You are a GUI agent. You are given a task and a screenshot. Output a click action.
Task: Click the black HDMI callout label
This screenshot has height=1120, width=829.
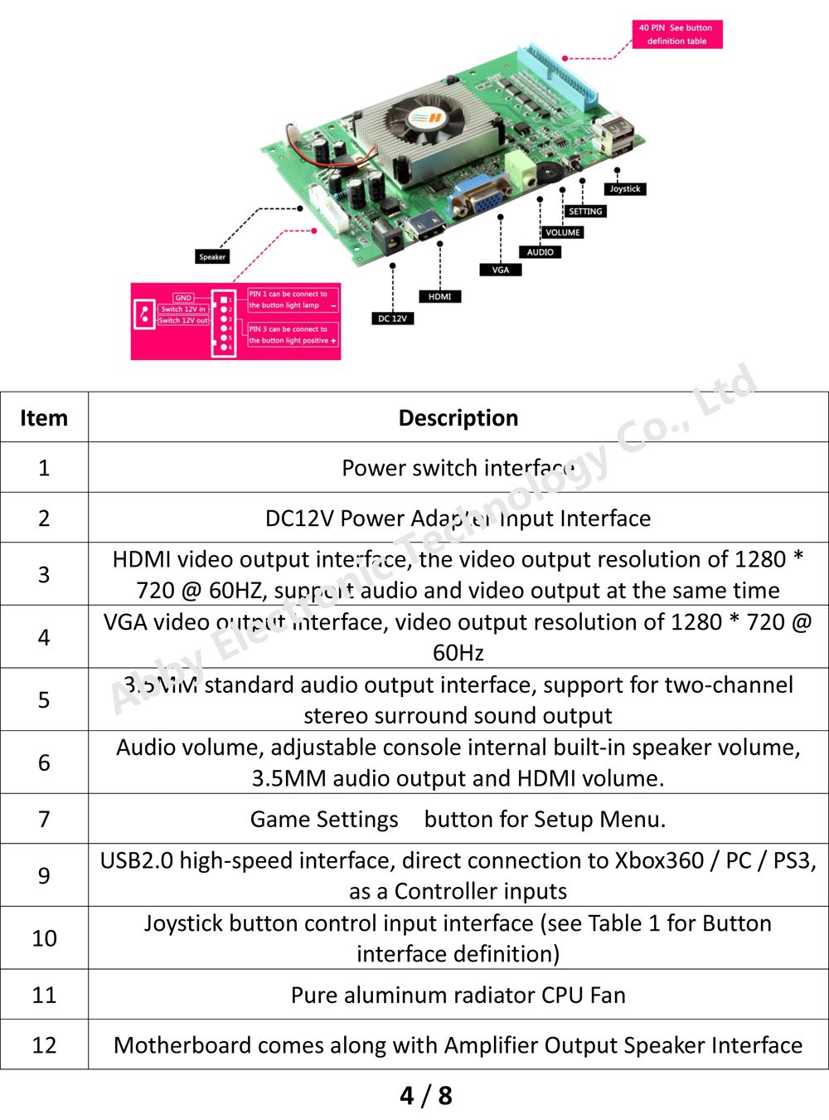coord(440,296)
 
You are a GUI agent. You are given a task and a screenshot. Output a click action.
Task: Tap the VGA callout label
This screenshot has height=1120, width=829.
coord(501,270)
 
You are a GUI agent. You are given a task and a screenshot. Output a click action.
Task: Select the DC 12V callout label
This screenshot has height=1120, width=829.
coord(392,319)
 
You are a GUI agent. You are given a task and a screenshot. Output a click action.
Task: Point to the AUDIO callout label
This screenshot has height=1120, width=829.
coord(540,252)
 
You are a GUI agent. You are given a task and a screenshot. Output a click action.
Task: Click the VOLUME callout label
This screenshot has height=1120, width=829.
coord(563,232)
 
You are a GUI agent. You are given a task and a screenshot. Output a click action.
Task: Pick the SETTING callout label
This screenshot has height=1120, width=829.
coord(585,212)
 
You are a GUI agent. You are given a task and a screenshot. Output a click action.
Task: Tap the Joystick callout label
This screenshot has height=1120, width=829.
coord(625,189)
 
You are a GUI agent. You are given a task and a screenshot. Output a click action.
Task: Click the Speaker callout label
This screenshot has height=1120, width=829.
coord(212,257)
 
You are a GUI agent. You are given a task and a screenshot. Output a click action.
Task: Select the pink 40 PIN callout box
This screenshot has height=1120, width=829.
coord(676,34)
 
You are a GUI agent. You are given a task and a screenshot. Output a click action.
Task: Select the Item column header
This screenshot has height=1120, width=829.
coord(44,418)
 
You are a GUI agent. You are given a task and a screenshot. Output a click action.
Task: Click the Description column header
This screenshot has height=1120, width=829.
coord(458,418)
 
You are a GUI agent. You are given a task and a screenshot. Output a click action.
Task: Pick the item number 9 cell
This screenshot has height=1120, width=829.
coord(44,875)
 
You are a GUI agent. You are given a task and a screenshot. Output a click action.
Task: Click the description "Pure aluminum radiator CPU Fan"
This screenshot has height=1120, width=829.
coord(458,995)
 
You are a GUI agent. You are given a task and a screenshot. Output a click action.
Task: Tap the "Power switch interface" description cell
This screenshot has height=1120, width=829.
coord(458,468)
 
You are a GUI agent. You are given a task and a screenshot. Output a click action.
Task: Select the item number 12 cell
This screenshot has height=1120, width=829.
coord(44,1045)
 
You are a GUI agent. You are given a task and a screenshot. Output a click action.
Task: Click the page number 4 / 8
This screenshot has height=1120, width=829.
coord(426,1095)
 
